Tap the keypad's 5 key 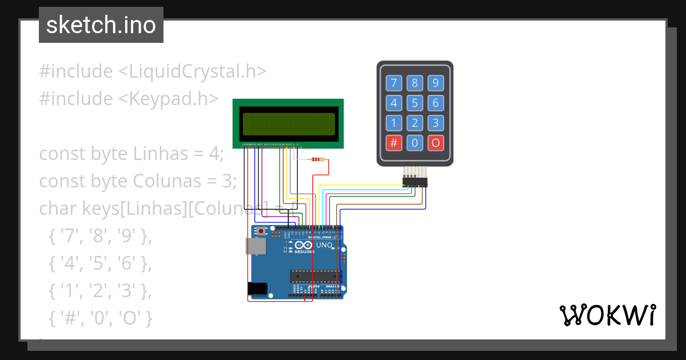[414, 103]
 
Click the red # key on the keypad [393, 143]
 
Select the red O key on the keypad [436, 143]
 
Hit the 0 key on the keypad [414, 143]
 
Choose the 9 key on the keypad [436, 83]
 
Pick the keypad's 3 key [436, 123]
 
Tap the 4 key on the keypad [393, 103]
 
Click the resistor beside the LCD [316, 159]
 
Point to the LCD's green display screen [288, 123]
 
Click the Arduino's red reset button [261, 231]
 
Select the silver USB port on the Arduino [254, 246]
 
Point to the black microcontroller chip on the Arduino [315, 277]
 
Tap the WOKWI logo [607, 315]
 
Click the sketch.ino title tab [101, 25]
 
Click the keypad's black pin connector [414, 182]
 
